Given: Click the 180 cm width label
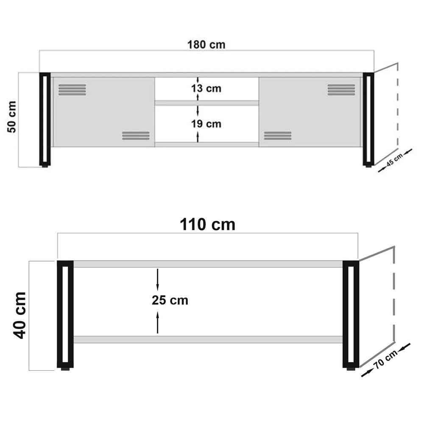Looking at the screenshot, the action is tap(206, 45).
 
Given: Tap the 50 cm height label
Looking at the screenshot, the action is tap(12, 117).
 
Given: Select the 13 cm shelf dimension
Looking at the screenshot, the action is tap(206, 89).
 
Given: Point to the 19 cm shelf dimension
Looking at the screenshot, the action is tap(206, 124).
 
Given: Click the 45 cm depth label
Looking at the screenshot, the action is tap(394, 159).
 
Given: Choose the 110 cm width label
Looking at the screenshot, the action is tap(207, 224).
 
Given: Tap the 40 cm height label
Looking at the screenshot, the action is tap(20, 315).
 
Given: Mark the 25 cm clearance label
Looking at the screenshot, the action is tap(170, 300).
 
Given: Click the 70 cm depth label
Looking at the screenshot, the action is tap(385, 360).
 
